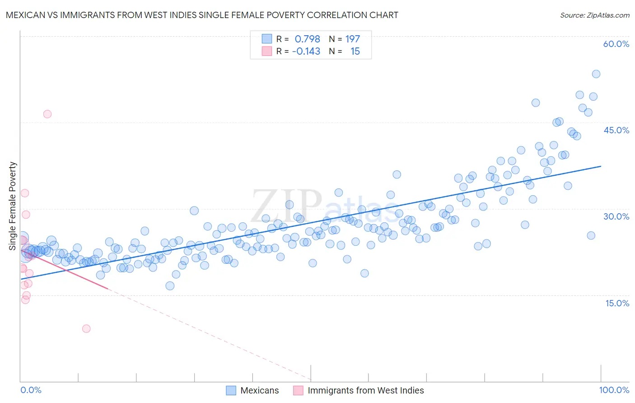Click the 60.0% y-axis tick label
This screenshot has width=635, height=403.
(616, 44)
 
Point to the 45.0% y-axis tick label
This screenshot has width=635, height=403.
(616, 130)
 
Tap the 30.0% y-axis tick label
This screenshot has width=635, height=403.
(616, 216)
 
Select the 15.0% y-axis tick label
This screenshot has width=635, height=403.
(617, 303)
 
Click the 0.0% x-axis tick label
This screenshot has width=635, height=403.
(31, 390)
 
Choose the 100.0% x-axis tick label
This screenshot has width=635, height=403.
(614, 390)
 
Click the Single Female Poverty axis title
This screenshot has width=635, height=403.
(13, 206)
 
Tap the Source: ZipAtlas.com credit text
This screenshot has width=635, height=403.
(594, 15)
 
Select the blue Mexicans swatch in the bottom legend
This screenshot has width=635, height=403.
(231, 390)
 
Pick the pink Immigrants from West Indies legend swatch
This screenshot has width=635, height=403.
(298, 390)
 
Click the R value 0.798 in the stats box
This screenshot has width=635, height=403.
(307, 39)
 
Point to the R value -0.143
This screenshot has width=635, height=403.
(306, 51)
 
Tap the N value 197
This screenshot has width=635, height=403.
(352, 39)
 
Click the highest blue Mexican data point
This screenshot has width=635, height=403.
(596, 74)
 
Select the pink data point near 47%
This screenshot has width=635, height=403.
(47, 114)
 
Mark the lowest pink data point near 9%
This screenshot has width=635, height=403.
(86, 328)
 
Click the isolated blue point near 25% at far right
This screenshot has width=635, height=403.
(591, 235)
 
